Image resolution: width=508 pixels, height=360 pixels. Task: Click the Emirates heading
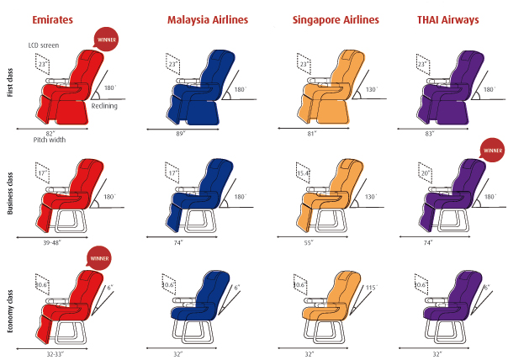52,19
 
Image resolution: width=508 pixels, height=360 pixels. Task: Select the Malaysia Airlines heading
208,19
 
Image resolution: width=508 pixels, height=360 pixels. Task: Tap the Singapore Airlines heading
336,19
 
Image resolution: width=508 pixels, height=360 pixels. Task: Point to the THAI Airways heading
447,19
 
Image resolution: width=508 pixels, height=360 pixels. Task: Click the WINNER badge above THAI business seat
493,150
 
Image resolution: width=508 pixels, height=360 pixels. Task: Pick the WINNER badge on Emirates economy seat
99,258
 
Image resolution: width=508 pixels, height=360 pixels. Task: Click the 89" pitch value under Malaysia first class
181,134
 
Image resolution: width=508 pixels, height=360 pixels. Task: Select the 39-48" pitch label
52,242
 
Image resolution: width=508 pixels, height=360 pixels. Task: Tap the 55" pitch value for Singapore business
309,242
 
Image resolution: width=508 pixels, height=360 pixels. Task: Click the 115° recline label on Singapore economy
372,288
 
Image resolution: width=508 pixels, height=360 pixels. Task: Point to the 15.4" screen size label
303,173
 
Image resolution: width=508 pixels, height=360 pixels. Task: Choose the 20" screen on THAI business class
425,173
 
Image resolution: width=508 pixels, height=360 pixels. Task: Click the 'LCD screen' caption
44,45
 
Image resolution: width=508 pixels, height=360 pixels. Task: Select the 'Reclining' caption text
104,106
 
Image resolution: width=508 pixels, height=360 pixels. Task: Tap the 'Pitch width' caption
50,140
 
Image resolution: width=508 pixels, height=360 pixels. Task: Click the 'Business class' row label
10,193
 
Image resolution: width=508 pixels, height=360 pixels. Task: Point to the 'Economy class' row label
10,311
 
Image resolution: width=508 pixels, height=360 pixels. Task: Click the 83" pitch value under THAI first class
430,133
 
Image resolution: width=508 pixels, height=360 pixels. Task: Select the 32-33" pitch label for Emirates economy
55,354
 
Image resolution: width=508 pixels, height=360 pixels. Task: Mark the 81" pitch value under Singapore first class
311,133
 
